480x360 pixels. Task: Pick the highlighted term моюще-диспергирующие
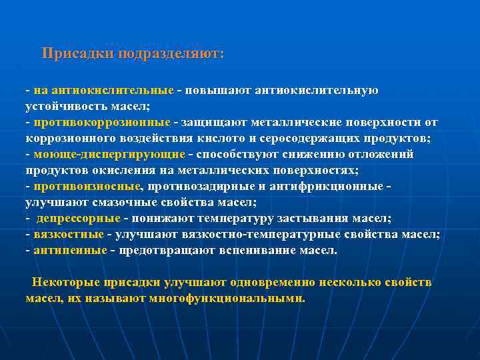point(109,154)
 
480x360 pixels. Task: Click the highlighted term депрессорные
point(78,219)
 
